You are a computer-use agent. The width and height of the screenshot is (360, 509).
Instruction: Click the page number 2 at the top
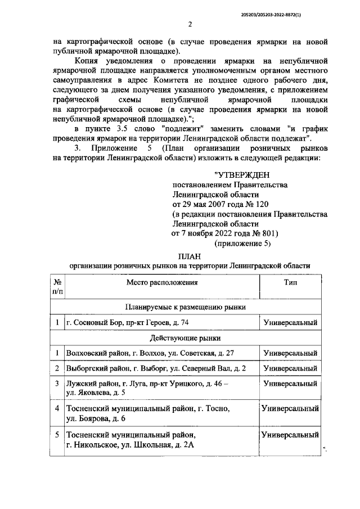point(190,24)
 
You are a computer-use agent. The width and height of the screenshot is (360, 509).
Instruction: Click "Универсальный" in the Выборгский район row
point(290,368)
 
